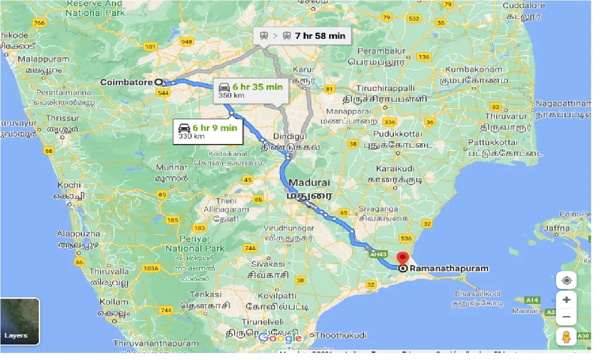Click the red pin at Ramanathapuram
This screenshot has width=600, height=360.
402,259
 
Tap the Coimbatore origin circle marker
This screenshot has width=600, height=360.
158,82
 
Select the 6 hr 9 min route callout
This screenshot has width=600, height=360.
208,131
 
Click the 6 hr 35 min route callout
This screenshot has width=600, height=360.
251,90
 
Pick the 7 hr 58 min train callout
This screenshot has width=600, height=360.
302,36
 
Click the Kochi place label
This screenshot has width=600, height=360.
69,185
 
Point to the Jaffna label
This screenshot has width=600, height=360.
557,229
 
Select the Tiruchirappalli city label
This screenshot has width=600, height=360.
385,88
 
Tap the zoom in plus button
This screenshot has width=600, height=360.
566,300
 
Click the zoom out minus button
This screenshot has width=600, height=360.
566,317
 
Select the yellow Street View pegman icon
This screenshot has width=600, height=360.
566,336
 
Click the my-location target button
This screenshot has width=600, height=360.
566,281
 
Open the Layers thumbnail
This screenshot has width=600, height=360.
20,321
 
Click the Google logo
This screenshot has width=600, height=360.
280,338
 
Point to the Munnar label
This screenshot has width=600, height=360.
171,167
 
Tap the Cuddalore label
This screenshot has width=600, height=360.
524,6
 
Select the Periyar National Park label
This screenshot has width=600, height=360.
195,244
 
